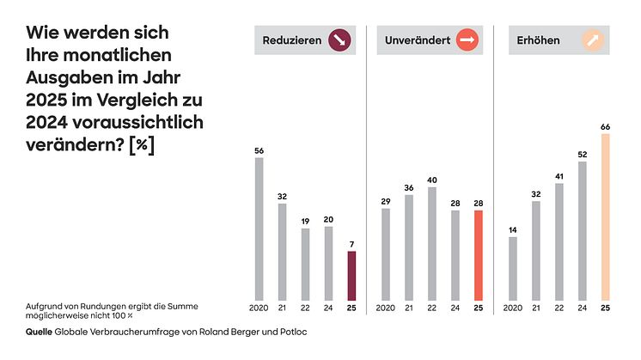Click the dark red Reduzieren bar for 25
tap(351, 276)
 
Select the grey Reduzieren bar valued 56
tap(259, 229)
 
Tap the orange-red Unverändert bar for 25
tap(479, 255)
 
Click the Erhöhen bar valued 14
tap(513, 268)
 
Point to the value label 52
tap(583, 154)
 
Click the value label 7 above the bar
tap(351, 243)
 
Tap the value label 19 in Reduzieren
tap(305, 221)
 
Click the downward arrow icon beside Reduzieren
tap(341, 40)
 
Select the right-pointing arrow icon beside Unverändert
tap(467, 40)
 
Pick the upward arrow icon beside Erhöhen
tap(593, 40)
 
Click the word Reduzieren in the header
tap(293, 40)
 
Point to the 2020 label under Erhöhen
tap(513, 308)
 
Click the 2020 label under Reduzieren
tap(259, 308)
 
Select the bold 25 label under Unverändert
tap(479, 308)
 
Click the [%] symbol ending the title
tap(141, 145)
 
